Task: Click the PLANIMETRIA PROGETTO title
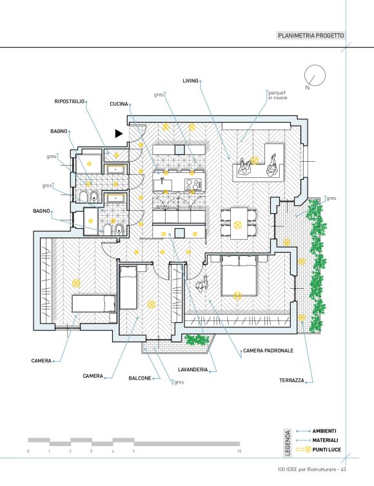pyautogui.click(x=311, y=35)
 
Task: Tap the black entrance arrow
pyautogui.click(x=119, y=133)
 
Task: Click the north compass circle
pyautogui.click(x=315, y=75)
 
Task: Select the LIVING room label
pyautogui.click(x=190, y=81)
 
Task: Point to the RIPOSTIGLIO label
pyautogui.click(x=70, y=101)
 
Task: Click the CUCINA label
pyautogui.click(x=119, y=104)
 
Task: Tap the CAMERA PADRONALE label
pyautogui.click(x=268, y=351)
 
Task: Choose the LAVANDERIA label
pyautogui.click(x=193, y=369)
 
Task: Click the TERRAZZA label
pyautogui.click(x=291, y=380)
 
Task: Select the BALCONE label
pyautogui.click(x=140, y=378)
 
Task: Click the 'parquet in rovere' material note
pyautogui.click(x=278, y=95)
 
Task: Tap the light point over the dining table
pyautogui.click(x=238, y=225)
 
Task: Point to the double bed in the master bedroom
pyautogui.click(x=239, y=275)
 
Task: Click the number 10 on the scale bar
pyautogui.click(x=239, y=451)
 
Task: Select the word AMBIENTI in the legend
pyautogui.click(x=324, y=431)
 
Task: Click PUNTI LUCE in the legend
pyautogui.click(x=326, y=449)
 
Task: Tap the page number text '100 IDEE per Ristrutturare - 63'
pyautogui.click(x=311, y=469)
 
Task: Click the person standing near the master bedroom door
pyautogui.click(x=202, y=283)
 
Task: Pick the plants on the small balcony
pyautogui.click(x=197, y=340)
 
